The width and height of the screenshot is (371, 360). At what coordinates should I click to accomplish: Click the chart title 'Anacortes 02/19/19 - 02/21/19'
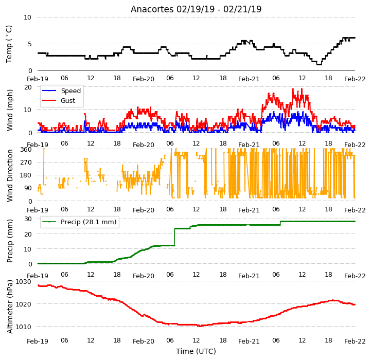coord(196,9)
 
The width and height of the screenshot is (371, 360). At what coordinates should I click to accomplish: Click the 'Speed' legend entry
coord(70,91)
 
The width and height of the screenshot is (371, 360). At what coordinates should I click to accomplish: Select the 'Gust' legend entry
coord(68,100)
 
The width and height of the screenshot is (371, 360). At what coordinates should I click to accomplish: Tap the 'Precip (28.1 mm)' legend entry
coord(89,222)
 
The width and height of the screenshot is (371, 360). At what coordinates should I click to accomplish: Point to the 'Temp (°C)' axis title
coord(9,44)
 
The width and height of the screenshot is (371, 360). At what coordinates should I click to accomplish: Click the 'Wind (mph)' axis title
coord(10,110)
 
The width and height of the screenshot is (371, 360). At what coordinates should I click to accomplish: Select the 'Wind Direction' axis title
coord(10,175)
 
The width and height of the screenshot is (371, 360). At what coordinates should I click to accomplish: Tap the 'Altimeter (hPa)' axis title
coord(10,307)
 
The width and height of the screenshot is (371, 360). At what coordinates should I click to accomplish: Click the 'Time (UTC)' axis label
coord(196,351)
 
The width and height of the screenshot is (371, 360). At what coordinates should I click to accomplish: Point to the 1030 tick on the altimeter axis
coord(24,282)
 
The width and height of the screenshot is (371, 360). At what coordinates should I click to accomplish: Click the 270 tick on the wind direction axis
coord(26,163)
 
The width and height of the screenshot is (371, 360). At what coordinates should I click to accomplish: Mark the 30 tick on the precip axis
coord(28,219)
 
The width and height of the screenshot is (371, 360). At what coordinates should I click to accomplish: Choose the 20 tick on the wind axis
coord(28,87)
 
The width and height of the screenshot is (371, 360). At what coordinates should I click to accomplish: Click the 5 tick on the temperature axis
coord(29,44)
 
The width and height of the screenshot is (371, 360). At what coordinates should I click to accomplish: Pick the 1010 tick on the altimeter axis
coord(24,327)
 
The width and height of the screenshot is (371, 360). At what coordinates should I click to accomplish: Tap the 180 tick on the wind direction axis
coord(26,175)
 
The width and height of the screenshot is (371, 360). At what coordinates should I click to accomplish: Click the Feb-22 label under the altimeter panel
coord(355,341)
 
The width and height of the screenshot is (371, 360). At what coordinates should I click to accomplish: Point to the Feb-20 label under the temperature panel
coord(144,79)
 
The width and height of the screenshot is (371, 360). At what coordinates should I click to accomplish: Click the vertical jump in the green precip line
coord(174,237)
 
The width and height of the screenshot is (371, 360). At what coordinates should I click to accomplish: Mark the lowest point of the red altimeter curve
coord(200,326)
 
